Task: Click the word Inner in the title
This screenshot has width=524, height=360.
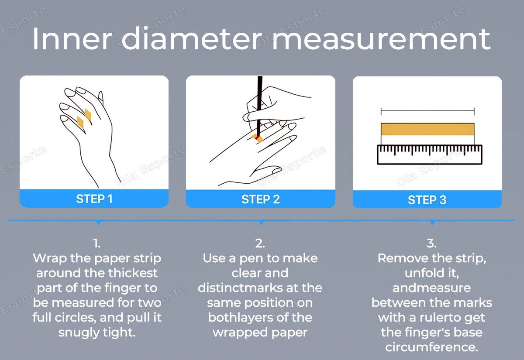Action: (x=72, y=38)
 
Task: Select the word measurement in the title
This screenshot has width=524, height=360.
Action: (x=381, y=39)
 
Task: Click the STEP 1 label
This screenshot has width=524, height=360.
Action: (x=94, y=199)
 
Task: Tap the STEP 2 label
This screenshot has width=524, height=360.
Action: (x=260, y=199)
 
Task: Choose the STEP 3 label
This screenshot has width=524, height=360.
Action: (x=427, y=200)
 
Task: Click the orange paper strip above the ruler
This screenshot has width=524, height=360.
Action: (x=427, y=129)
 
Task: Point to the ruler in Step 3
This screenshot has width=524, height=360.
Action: (x=430, y=154)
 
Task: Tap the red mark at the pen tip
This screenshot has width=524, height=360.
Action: (x=257, y=138)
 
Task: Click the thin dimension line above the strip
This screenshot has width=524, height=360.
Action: (x=427, y=112)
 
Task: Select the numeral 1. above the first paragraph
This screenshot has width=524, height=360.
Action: (x=97, y=243)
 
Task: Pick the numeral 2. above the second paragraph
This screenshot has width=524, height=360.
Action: (x=260, y=243)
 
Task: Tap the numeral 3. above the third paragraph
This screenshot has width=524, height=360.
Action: (x=431, y=243)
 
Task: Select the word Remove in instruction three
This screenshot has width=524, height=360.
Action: (x=403, y=258)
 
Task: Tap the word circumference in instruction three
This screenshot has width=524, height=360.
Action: (x=431, y=347)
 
